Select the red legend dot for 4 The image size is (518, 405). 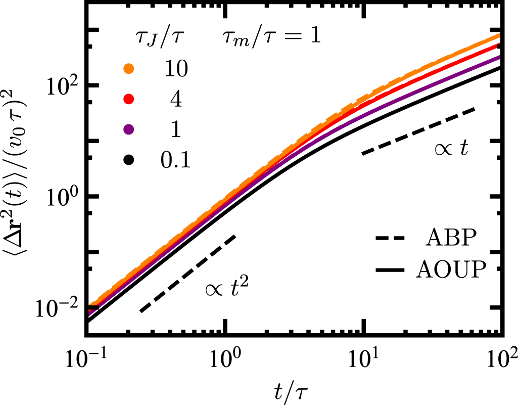pyautogui.click(x=129, y=99)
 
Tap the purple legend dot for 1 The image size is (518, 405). pyautogui.click(x=129, y=129)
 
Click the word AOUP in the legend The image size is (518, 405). pyautogui.click(x=451, y=271)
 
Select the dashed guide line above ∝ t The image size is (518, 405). pyautogui.click(x=418, y=130)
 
